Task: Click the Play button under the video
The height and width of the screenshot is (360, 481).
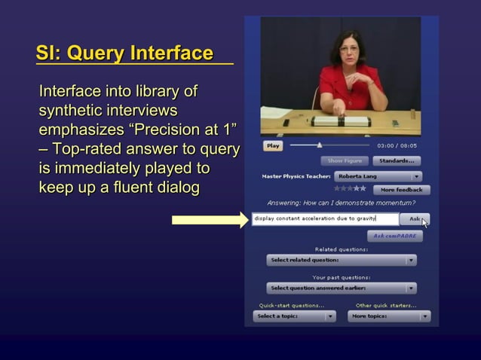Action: pos(272,145)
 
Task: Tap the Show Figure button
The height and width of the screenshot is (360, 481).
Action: pos(345,160)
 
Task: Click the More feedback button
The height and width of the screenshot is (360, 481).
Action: pos(400,190)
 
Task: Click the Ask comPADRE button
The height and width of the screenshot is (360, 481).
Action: pos(394,236)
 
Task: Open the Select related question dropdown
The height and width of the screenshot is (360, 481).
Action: pos(342,261)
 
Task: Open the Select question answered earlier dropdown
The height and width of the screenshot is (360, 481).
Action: pos(342,288)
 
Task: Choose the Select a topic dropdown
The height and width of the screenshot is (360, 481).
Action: pos(295,316)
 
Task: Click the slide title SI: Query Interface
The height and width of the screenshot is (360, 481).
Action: pos(124,53)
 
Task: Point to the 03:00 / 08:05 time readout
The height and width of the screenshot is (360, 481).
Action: pos(397,145)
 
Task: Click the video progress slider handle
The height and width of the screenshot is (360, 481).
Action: pos(320,145)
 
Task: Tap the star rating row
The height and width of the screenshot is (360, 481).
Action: pos(350,189)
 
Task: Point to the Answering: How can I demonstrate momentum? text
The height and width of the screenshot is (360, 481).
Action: pos(341,203)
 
